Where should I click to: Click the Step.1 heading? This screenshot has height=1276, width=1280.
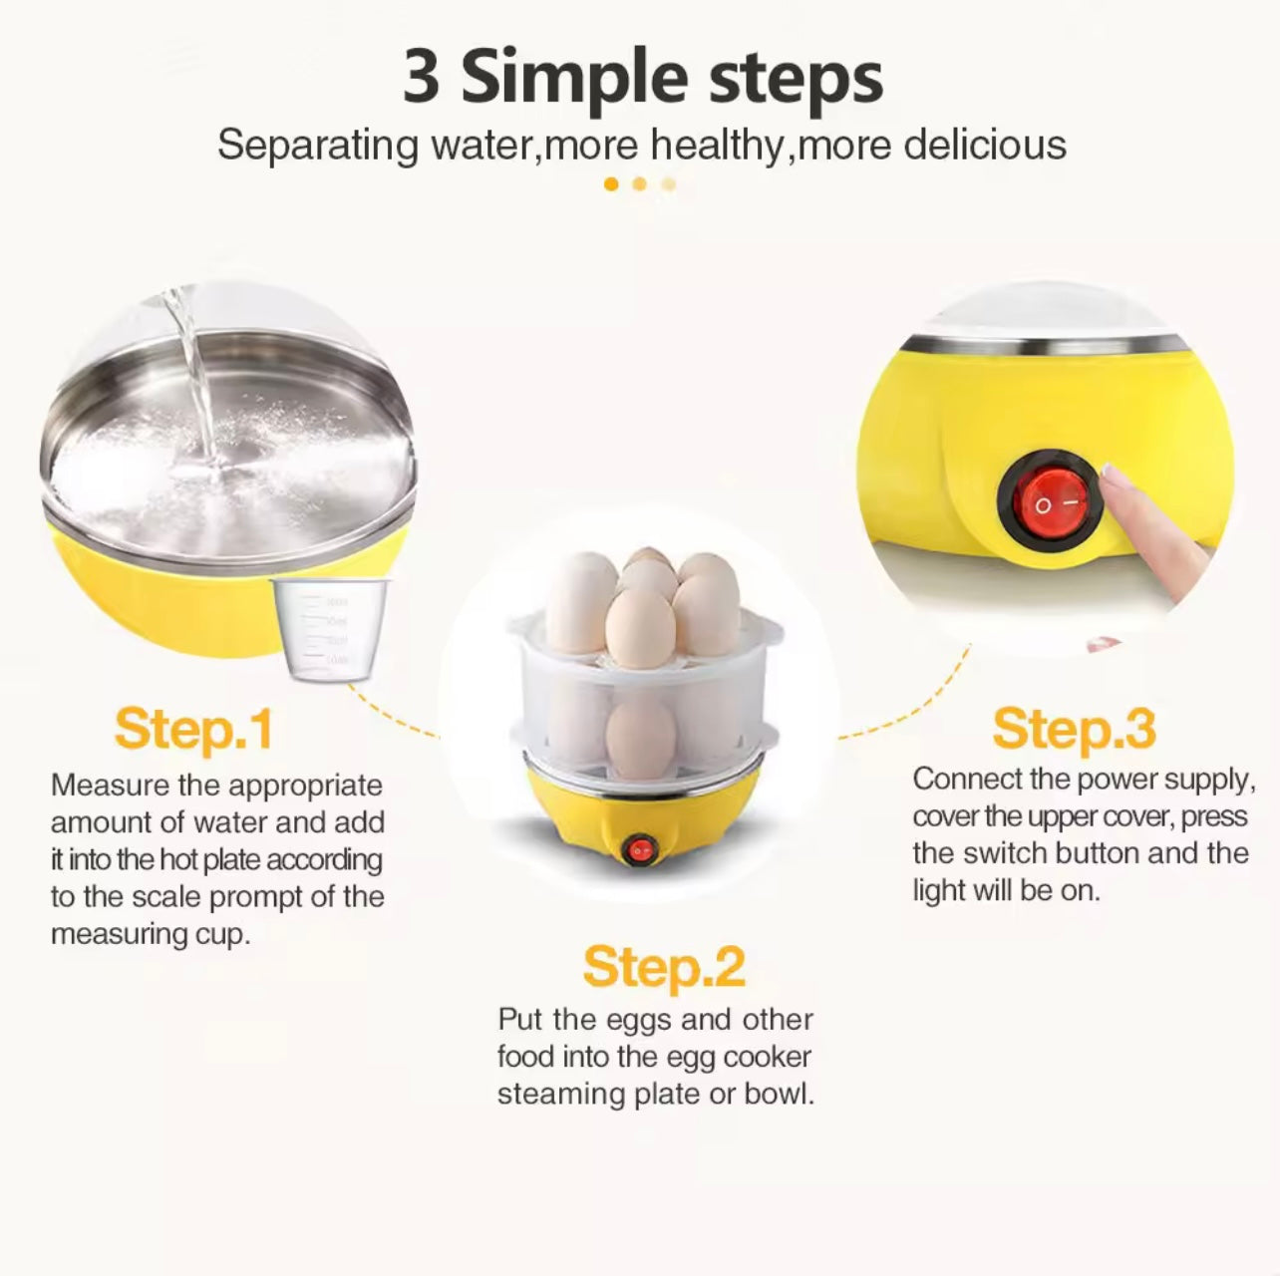point(193,730)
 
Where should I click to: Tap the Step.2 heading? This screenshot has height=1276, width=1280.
point(663,967)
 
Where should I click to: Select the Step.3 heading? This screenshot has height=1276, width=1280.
point(1074,730)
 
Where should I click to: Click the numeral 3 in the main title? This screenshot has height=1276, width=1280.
point(422,78)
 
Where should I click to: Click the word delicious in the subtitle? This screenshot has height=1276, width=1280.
point(984,146)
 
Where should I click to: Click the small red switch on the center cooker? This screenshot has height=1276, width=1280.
point(638,849)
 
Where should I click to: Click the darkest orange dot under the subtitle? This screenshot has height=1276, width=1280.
point(611,184)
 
